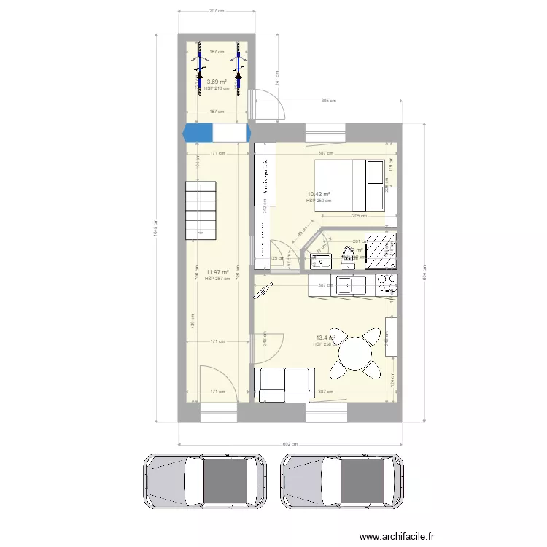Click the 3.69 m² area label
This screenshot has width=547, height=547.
(x=217, y=82)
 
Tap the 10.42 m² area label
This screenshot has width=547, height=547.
(x=319, y=194)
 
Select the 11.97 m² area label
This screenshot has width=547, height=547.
(x=217, y=272)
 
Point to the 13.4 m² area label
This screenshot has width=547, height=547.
(x=325, y=338)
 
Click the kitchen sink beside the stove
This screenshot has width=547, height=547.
(x=351, y=284)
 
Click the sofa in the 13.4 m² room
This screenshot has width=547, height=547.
(x=284, y=384)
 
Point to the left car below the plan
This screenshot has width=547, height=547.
(x=206, y=481)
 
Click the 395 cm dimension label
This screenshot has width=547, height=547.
(x=328, y=101)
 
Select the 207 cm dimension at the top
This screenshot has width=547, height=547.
(x=216, y=11)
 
